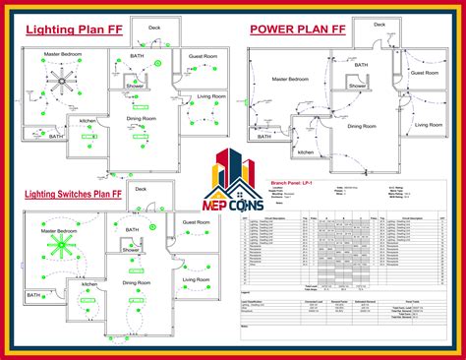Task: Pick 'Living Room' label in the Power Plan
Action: (x=429, y=125)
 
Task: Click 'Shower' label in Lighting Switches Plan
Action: (x=131, y=251)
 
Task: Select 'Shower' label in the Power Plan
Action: (x=357, y=86)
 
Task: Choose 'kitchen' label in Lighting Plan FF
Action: (x=87, y=121)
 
